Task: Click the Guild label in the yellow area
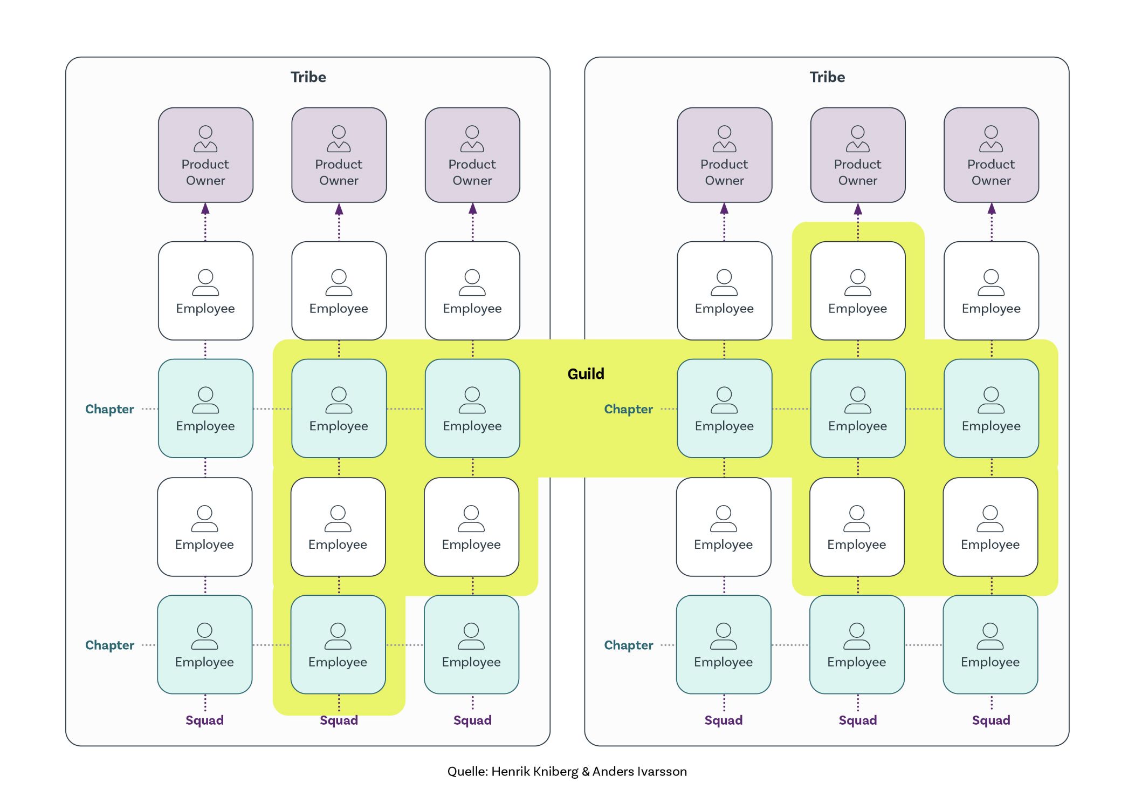click(586, 373)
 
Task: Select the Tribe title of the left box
click(308, 77)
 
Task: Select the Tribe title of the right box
click(827, 77)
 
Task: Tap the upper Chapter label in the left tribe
click(109, 409)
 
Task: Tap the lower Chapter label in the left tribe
click(109, 645)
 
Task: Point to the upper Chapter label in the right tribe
click(628, 409)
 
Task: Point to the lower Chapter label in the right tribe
click(628, 645)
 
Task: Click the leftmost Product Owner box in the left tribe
click(205, 155)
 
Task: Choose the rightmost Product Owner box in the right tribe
click(990, 155)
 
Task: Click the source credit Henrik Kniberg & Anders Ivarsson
click(567, 771)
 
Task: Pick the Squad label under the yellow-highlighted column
click(339, 720)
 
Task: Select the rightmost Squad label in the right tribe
click(990, 720)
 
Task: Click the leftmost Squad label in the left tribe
click(204, 720)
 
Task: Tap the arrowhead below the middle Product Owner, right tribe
click(857, 209)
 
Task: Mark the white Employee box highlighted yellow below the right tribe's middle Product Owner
click(857, 291)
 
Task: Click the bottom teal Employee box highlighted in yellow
click(338, 644)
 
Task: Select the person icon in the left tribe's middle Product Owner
click(339, 139)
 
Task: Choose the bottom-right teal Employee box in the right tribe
click(990, 644)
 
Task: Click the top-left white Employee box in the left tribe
click(205, 291)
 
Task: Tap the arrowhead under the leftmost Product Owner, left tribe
click(205, 209)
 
